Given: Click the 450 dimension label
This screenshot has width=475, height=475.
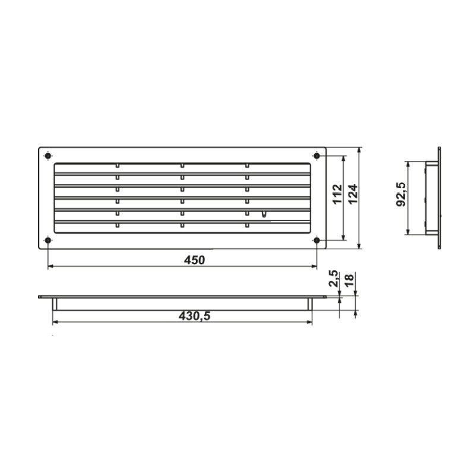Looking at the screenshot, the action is click(x=195, y=260).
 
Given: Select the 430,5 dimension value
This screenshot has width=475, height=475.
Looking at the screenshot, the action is click(x=194, y=316).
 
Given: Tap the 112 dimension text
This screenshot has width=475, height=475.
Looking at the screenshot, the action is click(x=337, y=194).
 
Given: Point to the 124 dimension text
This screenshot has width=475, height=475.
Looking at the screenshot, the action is click(x=353, y=194).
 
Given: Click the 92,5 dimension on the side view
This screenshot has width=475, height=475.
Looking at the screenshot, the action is click(x=401, y=194).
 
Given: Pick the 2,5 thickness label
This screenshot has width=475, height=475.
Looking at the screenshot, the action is click(x=334, y=278).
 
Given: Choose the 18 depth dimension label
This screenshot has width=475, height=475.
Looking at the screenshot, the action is click(x=349, y=280).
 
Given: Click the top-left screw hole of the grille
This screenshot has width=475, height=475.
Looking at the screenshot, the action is click(x=47, y=156).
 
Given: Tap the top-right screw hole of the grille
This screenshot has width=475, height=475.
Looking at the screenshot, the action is click(x=316, y=156).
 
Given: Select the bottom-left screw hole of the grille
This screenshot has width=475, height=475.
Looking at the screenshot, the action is click(x=47, y=240).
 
